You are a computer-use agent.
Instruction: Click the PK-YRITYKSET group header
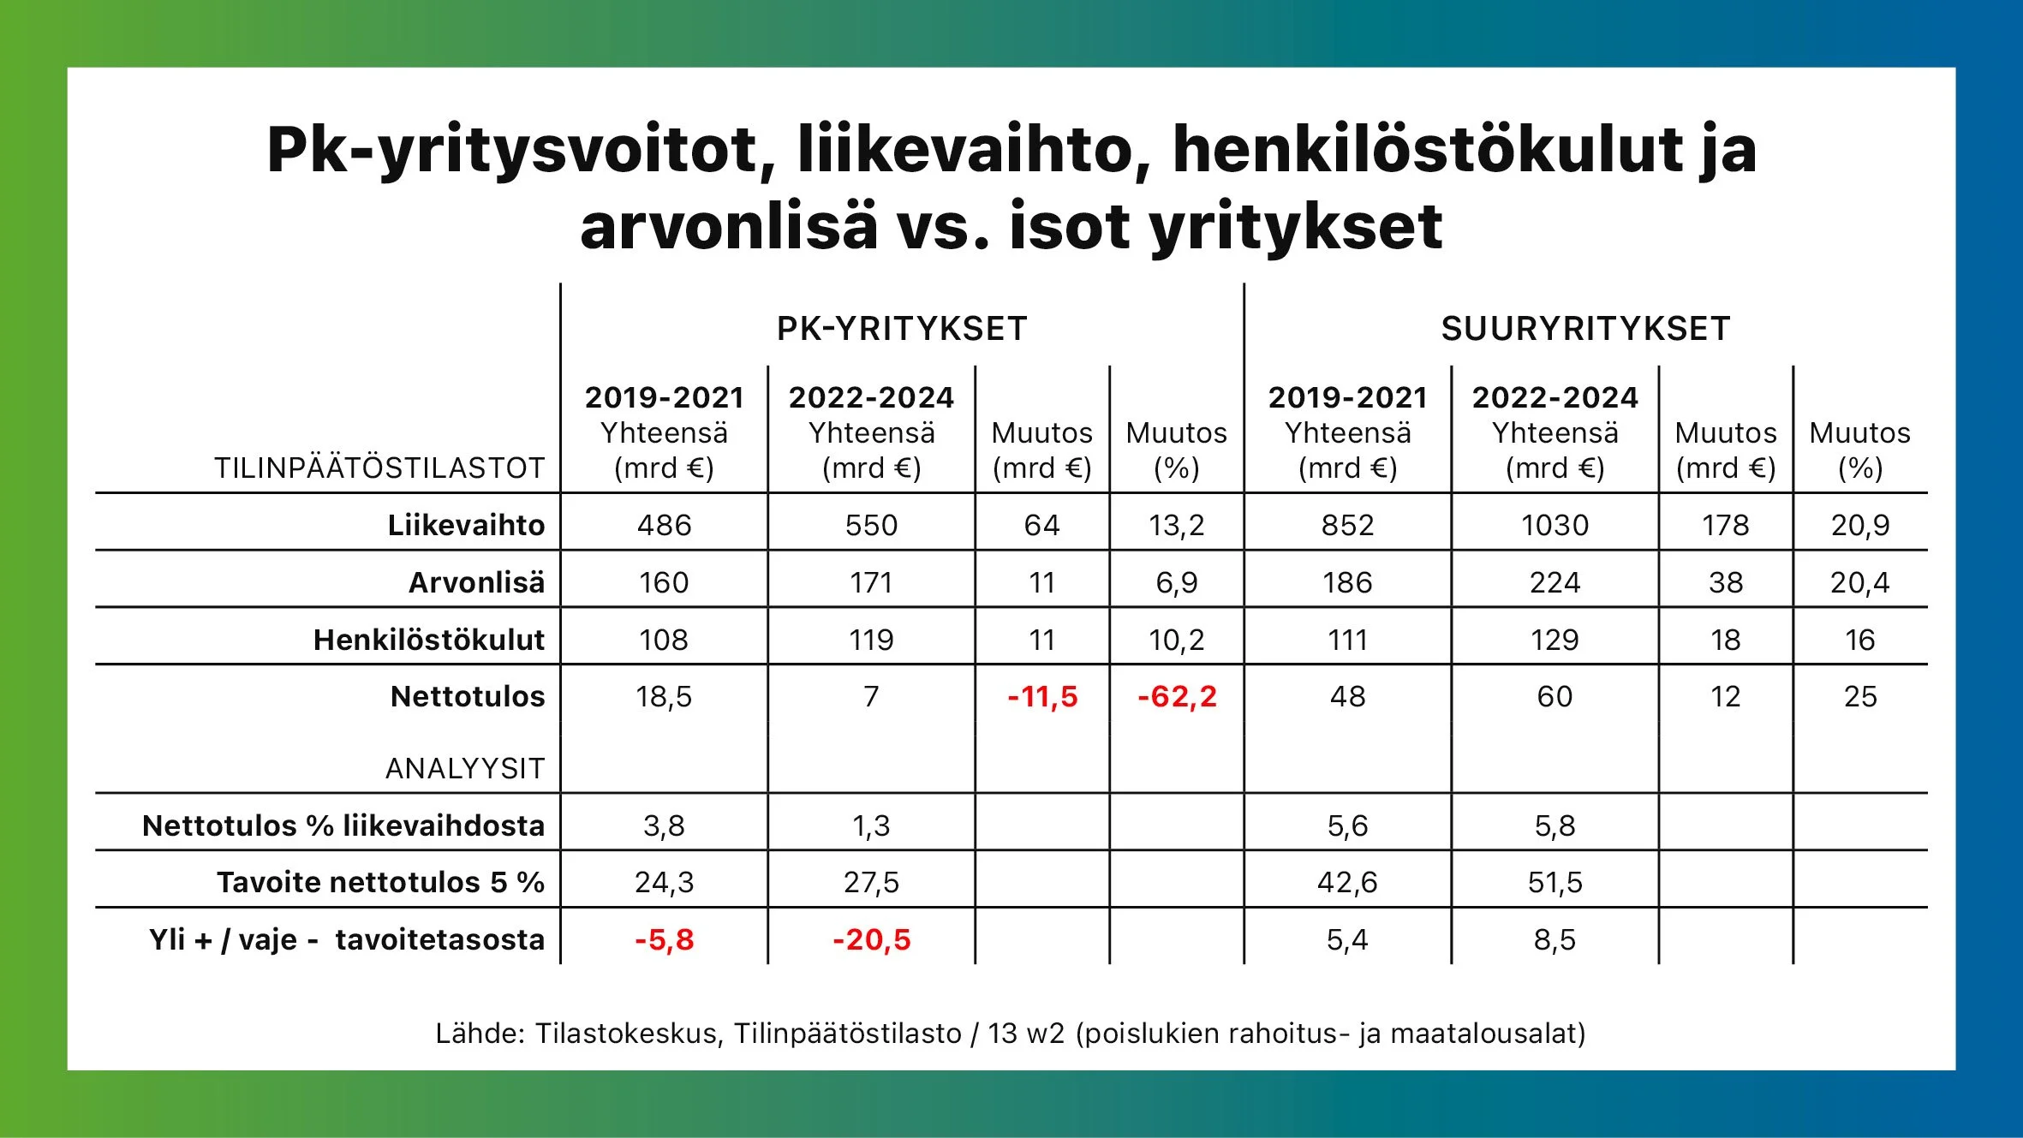902,329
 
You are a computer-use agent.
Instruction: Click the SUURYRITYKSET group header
1586,329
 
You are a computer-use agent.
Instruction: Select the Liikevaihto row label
466,525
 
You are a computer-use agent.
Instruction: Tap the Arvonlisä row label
476,582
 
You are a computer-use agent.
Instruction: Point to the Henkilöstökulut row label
429,640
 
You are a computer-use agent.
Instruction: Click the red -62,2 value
1177,696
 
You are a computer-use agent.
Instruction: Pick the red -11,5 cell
1042,696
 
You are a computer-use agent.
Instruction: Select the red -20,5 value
872,939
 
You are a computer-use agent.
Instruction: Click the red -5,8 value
665,939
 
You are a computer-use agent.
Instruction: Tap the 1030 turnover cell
1555,525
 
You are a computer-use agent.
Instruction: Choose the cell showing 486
665,525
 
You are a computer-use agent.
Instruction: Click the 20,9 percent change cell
1860,525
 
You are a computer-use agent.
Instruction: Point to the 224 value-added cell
1555,582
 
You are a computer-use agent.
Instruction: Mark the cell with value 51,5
1555,882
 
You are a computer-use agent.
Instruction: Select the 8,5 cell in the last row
1555,939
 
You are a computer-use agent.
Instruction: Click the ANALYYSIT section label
465,768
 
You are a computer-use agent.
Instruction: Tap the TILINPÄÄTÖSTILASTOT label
379,468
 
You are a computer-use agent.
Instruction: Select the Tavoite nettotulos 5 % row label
381,882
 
